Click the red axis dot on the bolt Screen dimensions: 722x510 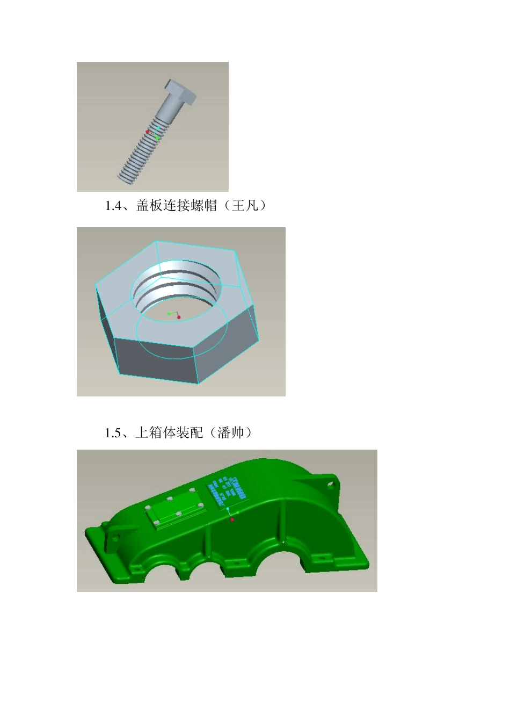148,131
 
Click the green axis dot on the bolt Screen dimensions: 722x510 157,138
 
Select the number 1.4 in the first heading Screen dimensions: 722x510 113,206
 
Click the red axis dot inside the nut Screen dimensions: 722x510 179,317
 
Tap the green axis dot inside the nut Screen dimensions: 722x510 169,313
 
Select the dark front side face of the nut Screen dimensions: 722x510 156,360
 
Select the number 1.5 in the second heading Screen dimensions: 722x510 113,433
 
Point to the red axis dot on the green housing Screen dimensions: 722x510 232,519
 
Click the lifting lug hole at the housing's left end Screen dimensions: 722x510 114,537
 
